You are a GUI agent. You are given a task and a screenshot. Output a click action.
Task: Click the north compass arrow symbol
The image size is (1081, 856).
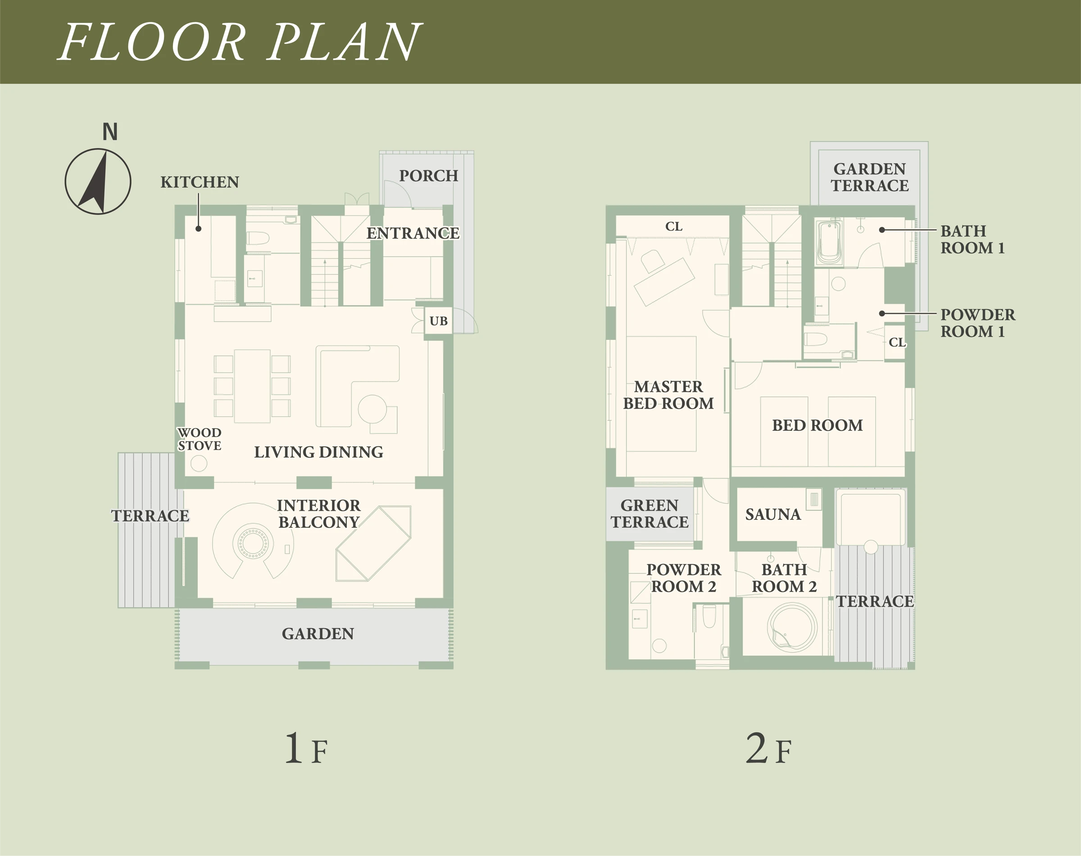(x=98, y=181)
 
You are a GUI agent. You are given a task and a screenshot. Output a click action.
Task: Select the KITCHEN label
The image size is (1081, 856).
(x=200, y=182)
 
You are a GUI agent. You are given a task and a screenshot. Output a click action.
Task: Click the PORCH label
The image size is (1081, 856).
(x=429, y=176)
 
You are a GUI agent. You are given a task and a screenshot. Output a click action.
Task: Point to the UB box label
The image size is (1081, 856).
(x=439, y=321)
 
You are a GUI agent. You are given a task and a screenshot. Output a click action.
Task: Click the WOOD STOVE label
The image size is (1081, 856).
(x=200, y=439)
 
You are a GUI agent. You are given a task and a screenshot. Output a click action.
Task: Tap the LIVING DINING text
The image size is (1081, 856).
(x=318, y=452)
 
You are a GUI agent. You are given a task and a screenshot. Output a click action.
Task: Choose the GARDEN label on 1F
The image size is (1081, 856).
(x=318, y=634)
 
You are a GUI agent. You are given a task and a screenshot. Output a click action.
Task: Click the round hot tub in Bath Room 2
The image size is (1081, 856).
(x=793, y=627)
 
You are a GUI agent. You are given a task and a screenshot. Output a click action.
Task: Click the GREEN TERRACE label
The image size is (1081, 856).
(x=650, y=514)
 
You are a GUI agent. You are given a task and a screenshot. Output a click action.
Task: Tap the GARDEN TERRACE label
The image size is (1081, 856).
(x=869, y=177)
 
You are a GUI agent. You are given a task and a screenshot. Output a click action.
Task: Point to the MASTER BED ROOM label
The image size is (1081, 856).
(x=668, y=395)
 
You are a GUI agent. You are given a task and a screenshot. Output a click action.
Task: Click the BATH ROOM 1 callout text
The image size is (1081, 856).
(x=972, y=239)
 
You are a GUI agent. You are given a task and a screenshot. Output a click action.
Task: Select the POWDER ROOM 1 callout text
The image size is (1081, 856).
(x=978, y=323)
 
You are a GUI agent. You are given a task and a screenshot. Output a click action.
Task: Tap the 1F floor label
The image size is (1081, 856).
(x=306, y=749)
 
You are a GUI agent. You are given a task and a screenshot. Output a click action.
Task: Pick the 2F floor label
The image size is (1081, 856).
(x=768, y=749)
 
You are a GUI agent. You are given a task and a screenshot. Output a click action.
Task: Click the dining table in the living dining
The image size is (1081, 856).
(x=252, y=386)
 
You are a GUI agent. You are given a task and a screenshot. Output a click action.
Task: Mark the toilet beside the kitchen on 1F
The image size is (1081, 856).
(x=258, y=239)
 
